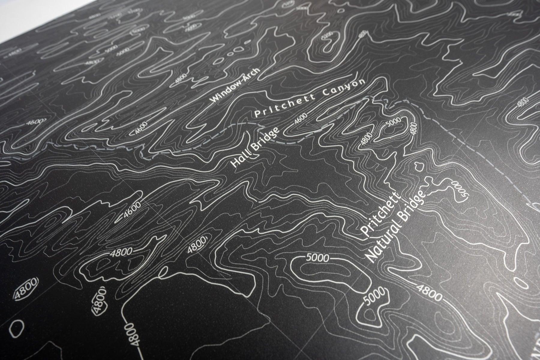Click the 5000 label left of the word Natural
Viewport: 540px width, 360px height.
(318, 257)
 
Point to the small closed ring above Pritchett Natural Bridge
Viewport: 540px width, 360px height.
(418, 165)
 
